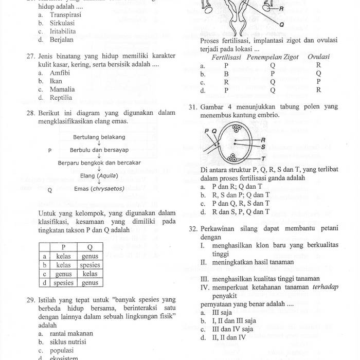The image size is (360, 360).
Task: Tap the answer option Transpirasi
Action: (65, 15)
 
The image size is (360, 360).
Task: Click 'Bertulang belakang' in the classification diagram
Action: (99, 137)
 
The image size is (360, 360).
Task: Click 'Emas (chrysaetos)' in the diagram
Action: (99, 189)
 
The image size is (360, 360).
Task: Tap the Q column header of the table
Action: (89, 247)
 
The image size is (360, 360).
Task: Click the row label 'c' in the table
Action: (45, 274)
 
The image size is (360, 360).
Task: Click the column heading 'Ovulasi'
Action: (318, 57)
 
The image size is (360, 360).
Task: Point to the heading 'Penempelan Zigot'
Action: (273, 57)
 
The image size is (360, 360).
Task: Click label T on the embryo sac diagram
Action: (263, 159)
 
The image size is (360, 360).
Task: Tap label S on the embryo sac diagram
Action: (263, 146)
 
